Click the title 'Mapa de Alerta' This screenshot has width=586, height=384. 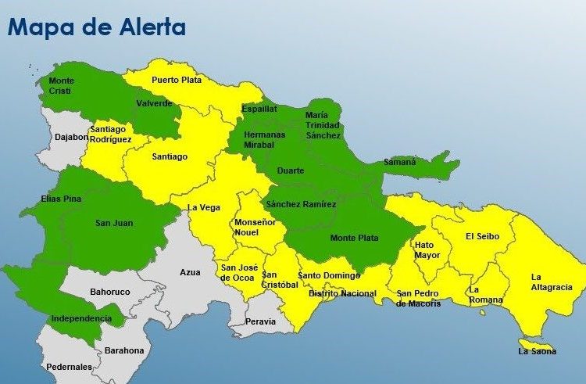(x=97, y=28)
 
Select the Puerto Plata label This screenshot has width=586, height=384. (x=177, y=80)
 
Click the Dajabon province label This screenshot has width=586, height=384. (x=71, y=137)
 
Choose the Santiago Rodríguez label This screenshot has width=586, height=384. (x=110, y=134)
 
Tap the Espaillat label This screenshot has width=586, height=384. (x=259, y=109)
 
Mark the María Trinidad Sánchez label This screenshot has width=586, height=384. (x=323, y=125)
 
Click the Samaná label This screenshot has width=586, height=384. (x=399, y=162)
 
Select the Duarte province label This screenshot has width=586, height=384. (x=291, y=170)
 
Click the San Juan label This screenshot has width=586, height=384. (x=114, y=223)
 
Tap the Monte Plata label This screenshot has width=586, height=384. (x=353, y=238)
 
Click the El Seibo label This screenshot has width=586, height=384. (x=482, y=236)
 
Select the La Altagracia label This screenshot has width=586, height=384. (x=552, y=282)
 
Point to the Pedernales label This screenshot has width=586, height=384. (x=69, y=366)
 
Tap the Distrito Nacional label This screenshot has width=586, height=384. (x=342, y=294)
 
